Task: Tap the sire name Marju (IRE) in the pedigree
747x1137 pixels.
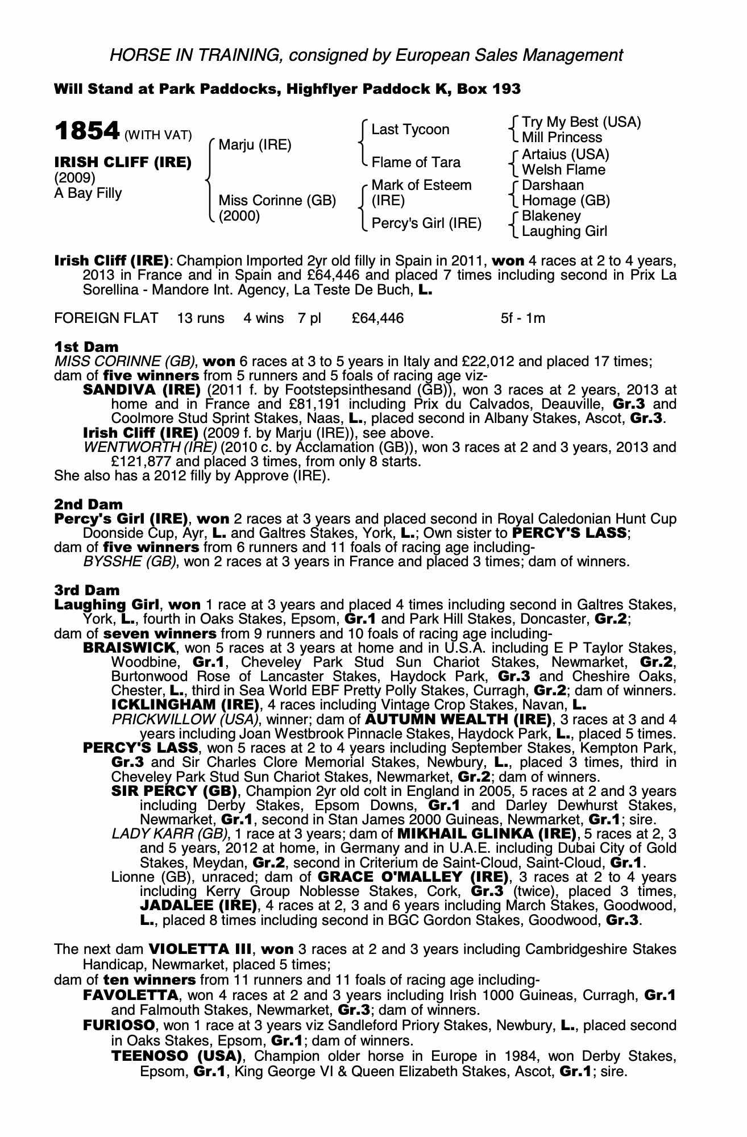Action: pos(255,145)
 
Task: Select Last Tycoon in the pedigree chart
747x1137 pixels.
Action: pos(410,130)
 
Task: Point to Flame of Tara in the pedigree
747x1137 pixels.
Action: pos(416,163)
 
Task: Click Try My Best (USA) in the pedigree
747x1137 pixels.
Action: pos(581,122)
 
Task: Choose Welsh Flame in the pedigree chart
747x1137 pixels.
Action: pos(563,170)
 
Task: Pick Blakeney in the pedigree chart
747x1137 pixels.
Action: pos(551,216)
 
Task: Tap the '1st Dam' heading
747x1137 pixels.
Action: pos(86,347)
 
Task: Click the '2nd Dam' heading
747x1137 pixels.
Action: pos(88,504)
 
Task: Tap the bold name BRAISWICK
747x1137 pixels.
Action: pos(129,648)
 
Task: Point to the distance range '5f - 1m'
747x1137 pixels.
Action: pos(522,318)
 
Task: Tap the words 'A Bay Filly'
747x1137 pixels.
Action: pos(88,193)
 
